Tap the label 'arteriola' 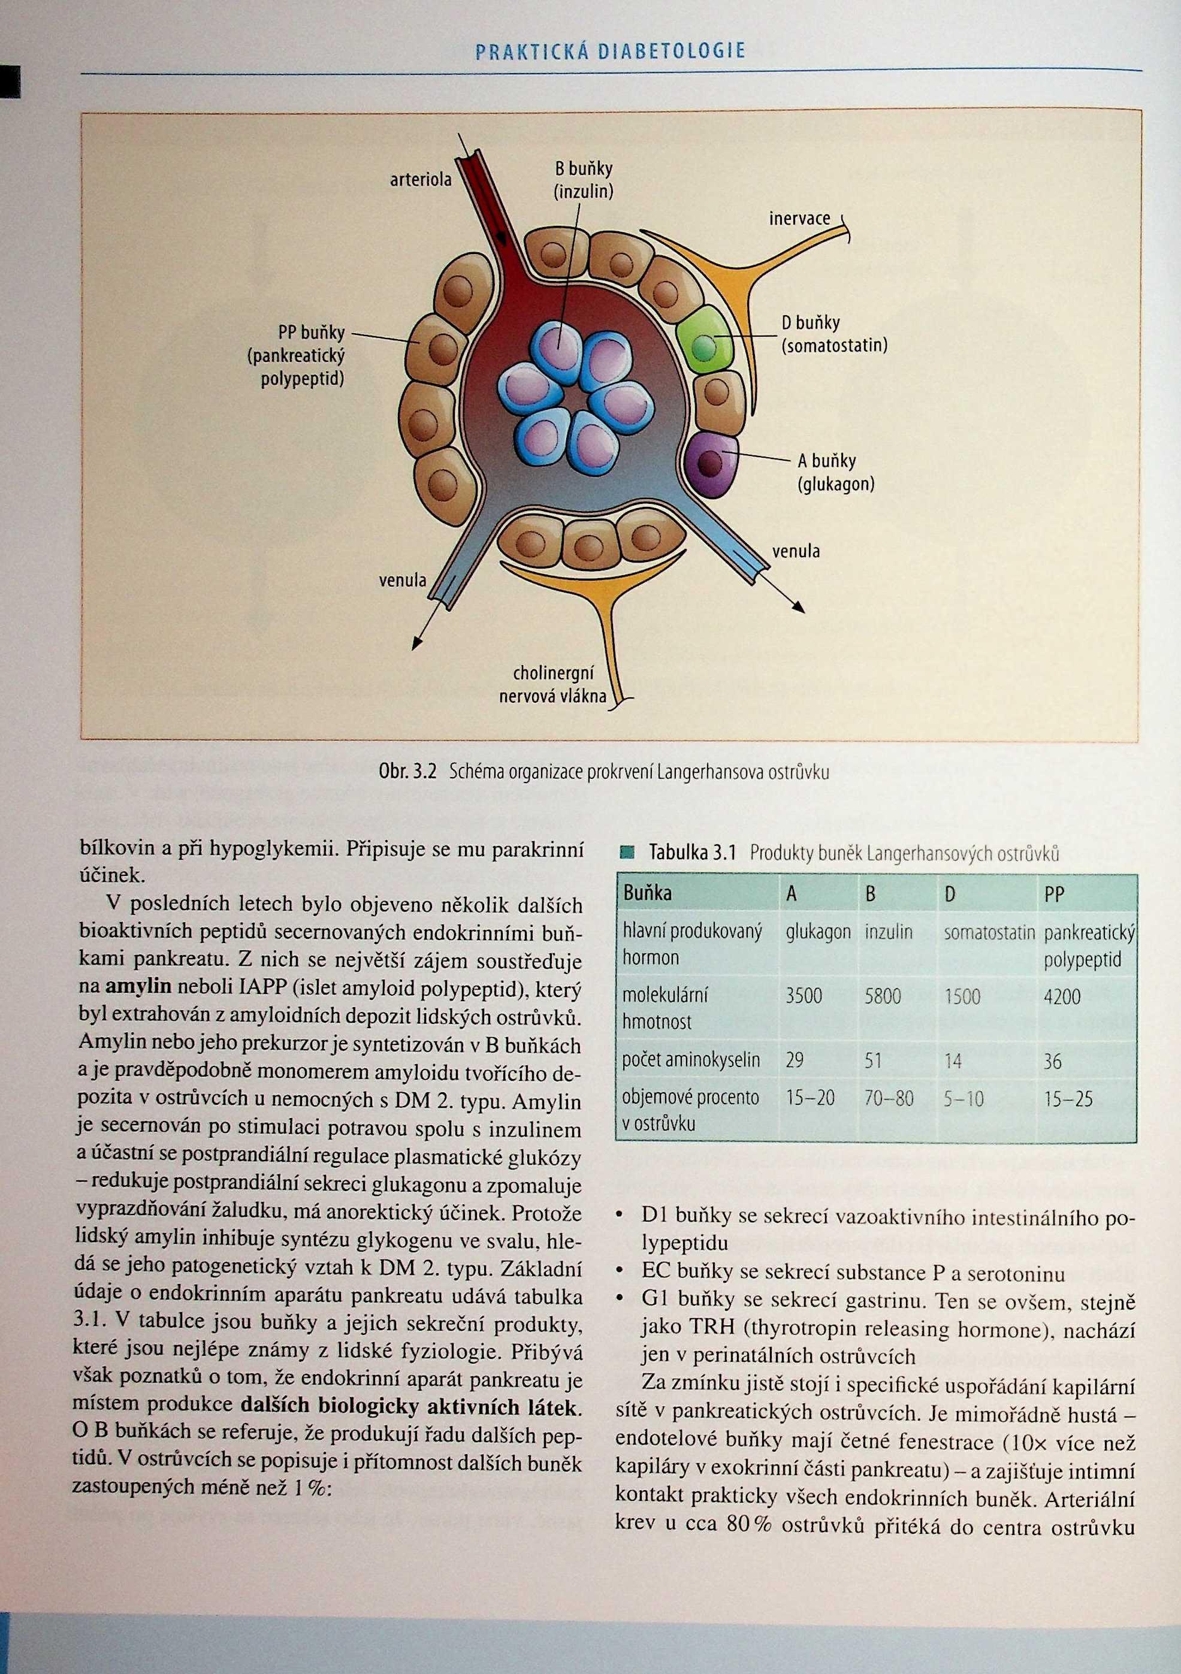click(x=421, y=179)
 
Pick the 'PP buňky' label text click(x=312, y=333)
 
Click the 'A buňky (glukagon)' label click(x=835, y=472)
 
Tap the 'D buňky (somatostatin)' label click(x=834, y=334)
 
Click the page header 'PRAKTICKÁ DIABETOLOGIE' click(x=609, y=51)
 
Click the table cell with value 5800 click(x=882, y=996)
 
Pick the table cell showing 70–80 click(x=888, y=1098)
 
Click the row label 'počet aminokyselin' click(x=690, y=1060)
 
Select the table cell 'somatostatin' click(x=989, y=932)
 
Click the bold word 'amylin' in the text click(x=138, y=986)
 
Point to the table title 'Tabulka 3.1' click(x=693, y=853)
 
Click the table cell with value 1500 click(x=962, y=996)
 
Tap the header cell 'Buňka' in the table click(x=647, y=893)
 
